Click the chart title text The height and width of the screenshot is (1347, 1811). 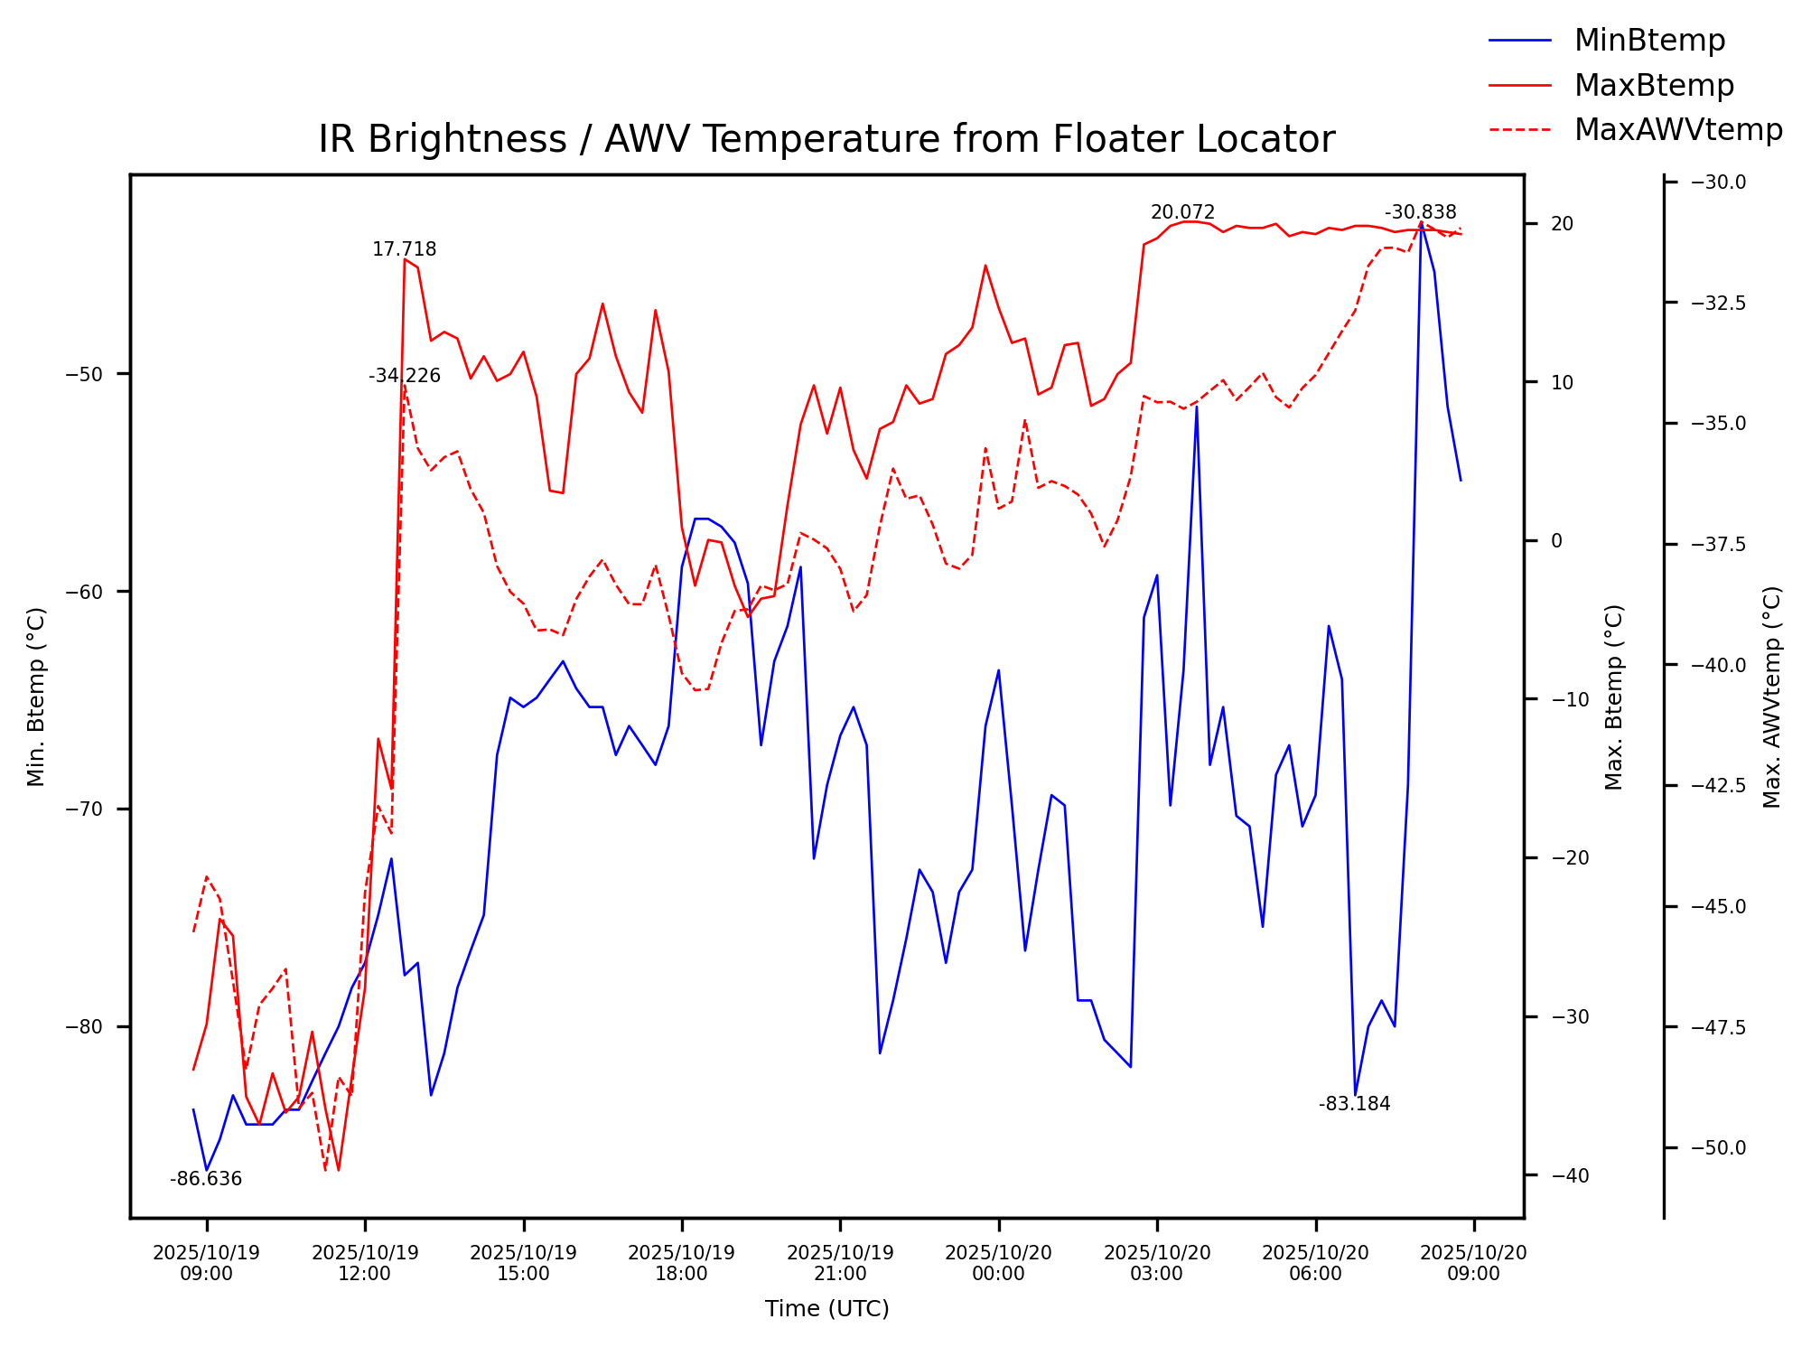(x=826, y=140)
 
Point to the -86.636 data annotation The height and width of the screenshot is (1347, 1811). (x=206, y=1179)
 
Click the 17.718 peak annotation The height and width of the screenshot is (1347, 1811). (x=404, y=249)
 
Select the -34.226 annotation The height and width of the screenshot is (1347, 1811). (x=404, y=376)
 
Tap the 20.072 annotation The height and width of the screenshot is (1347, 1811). (x=1182, y=213)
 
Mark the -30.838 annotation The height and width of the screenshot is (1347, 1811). (x=1420, y=213)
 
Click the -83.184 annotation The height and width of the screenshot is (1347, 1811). (x=1354, y=1104)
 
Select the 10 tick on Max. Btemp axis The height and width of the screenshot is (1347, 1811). (x=1562, y=382)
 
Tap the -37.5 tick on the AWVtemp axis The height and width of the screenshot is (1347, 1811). (x=1718, y=544)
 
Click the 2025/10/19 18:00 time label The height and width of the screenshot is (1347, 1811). (x=681, y=1263)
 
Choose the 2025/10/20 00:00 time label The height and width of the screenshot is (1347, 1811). (x=998, y=1263)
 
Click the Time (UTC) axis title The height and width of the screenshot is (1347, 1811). (x=826, y=1309)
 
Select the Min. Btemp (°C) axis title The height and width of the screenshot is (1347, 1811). (x=36, y=697)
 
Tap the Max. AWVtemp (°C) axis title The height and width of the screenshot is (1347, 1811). (x=1772, y=697)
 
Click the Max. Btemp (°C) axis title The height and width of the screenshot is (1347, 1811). (x=1614, y=697)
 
